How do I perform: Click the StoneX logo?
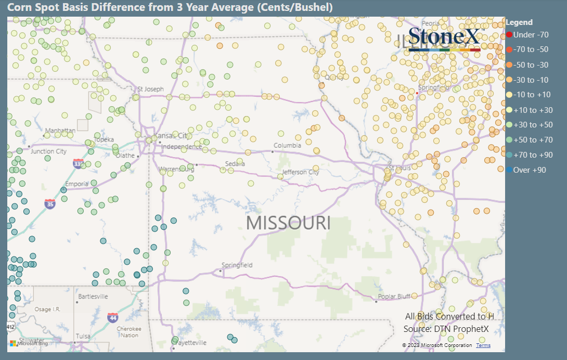pos(445,38)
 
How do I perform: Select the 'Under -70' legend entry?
pos(527,35)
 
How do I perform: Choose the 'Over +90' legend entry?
pos(527,170)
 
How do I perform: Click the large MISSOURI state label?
pos(288,223)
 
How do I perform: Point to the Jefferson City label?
pos(301,172)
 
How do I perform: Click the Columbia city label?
pos(288,146)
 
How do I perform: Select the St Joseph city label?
pos(150,89)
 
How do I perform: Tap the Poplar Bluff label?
pos(394,297)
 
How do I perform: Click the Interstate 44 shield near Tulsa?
pos(112,316)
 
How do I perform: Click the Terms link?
pos(483,345)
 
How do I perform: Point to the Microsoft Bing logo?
pos(29,343)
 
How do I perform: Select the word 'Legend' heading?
pos(519,22)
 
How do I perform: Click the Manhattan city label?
pos(60,131)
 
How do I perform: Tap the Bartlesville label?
pos(93,297)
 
